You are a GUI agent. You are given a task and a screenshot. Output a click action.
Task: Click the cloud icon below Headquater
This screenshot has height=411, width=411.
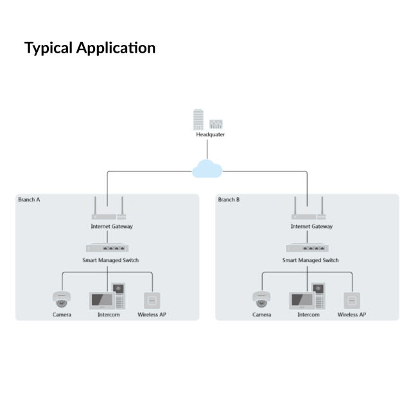207,169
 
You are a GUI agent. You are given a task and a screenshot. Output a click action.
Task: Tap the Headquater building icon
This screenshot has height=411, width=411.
207,119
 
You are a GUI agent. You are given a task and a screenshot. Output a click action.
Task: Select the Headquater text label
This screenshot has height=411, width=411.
210,135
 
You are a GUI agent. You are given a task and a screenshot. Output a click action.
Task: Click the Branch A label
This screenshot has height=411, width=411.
29,200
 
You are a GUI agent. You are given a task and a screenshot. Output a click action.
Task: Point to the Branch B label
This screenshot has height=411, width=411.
229,200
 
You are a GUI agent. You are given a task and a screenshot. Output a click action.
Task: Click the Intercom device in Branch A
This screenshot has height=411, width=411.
109,297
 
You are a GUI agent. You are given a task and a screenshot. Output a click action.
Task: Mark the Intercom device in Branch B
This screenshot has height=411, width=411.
309,297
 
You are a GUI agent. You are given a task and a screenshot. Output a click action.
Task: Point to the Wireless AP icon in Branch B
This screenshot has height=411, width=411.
351,299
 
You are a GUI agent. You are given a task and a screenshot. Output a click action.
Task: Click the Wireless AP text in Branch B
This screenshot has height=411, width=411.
351,315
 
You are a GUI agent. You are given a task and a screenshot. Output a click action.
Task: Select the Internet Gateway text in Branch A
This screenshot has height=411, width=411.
111,227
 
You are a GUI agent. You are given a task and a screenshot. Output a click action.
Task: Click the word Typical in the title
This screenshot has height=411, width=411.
48,48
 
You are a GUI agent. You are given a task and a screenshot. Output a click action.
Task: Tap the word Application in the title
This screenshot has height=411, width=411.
116,48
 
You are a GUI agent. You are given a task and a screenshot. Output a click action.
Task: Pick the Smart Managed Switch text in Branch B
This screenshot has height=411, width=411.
310,260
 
